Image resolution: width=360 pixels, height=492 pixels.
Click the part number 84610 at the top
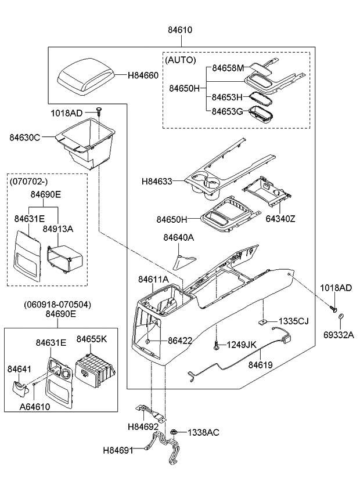point(180,30)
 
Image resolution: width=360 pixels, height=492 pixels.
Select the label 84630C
point(24,138)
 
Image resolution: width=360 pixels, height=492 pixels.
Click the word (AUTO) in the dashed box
point(181,60)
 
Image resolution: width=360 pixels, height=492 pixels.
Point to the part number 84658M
point(228,68)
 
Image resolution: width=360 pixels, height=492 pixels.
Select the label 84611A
point(153,279)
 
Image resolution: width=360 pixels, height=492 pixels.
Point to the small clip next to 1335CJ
point(262,320)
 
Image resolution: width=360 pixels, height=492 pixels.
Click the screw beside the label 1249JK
point(216,346)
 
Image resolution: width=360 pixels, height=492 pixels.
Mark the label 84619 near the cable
point(260,365)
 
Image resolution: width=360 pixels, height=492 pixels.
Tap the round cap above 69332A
point(341,317)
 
